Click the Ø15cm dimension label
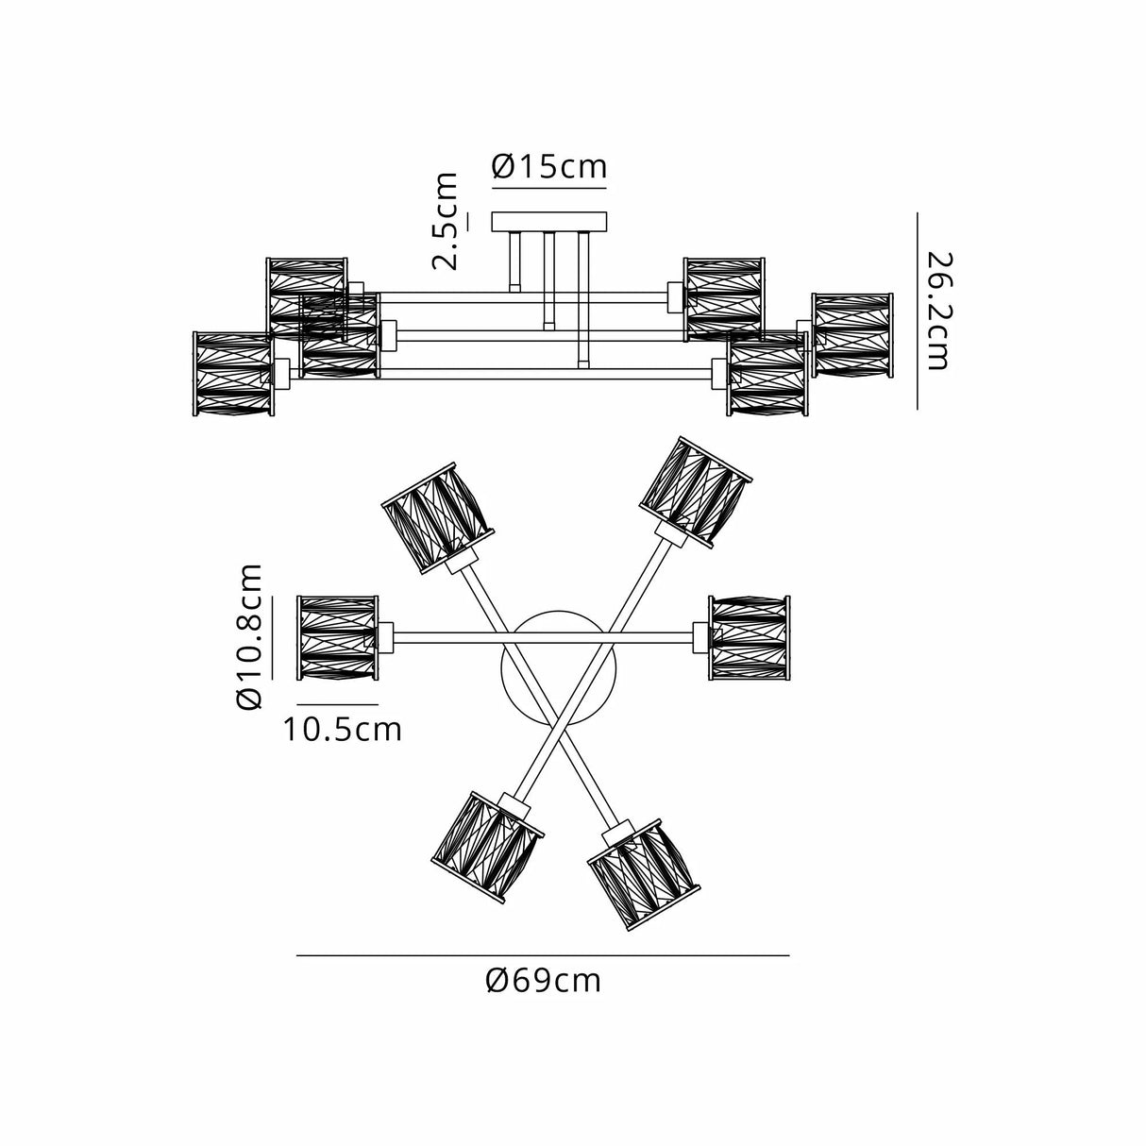point(549,167)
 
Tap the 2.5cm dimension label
point(447,221)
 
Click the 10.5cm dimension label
point(343,729)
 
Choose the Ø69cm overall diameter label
point(544,981)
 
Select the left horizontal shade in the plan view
point(338,637)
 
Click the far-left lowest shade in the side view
point(232,374)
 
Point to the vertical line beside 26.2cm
point(918,310)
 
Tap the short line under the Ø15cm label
point(549,188)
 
